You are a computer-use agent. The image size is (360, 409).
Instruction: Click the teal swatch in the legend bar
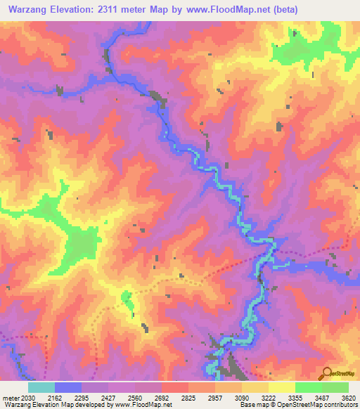tap(41, 387)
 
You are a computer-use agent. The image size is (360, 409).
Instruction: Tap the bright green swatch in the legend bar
tap(308, 387)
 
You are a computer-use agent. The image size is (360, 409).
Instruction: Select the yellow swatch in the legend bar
tap(281, 387)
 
